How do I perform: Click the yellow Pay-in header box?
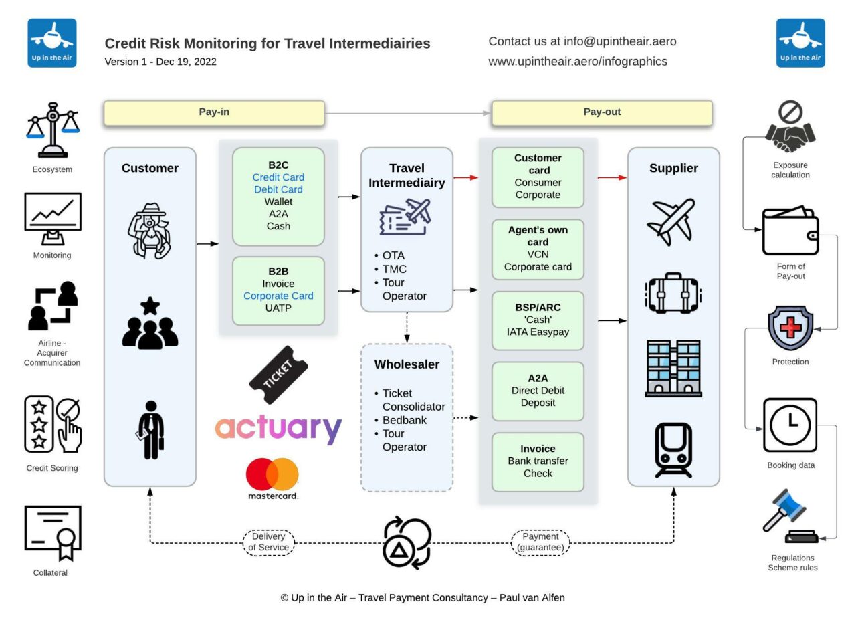(214, 112)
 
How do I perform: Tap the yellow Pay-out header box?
(602, 112)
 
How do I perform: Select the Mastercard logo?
(272, 478)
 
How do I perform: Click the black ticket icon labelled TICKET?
(278, 375)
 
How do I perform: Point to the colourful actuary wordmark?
(278, 428)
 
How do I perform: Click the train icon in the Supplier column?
(673, 449)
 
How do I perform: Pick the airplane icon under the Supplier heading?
(671, 221)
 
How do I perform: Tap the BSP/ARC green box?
(538, 320)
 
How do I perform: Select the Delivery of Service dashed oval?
(268, 542)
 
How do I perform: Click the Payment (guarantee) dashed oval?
(540, 542)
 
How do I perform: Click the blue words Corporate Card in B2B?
(278, 296)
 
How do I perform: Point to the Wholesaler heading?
(407, 364)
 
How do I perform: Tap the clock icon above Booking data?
(790, 425)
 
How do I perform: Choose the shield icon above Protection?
(790, 328)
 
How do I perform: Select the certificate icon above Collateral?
(53, 532)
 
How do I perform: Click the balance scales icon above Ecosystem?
(52, 129)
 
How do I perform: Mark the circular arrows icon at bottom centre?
(407, 542)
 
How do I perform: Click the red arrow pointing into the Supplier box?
(612, 177)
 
